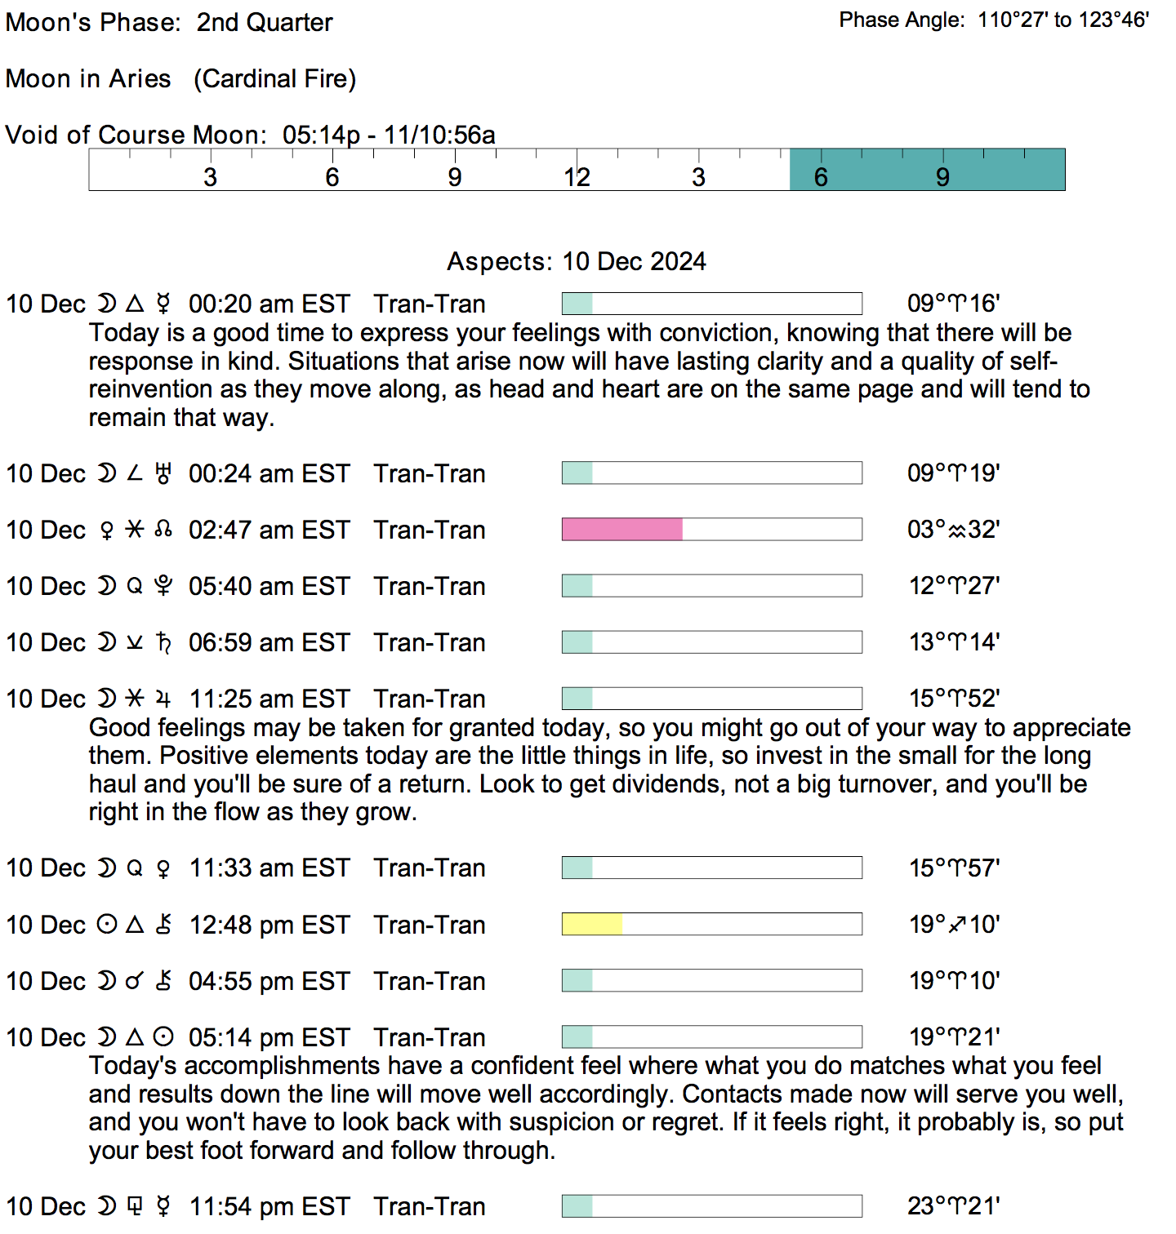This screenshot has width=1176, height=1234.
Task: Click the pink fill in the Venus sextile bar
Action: click(622, 530)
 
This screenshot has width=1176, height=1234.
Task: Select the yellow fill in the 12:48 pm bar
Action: click(592, 924)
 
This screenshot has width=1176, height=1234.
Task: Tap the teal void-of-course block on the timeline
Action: click(927, 170)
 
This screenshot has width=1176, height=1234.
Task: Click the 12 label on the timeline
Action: click(577, 177)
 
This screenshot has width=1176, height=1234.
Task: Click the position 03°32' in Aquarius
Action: click(953, 530)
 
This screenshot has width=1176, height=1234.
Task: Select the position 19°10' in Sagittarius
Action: click(954, 925)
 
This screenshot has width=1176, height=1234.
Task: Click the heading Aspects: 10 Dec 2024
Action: click(576, 261)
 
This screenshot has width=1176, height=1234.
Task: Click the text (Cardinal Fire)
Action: click(274, 79)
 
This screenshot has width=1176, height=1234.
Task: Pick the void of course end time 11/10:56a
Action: click(439, 135)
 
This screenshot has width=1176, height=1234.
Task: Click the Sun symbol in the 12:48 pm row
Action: click(107, 925)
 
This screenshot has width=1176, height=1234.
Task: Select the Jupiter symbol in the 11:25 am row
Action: click(163, 699)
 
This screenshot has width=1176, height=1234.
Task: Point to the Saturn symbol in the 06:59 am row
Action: click(163, 643)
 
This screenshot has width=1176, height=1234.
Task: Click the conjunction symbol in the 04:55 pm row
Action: click(135, 981)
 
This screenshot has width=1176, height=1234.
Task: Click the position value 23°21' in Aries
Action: click(953, 1206)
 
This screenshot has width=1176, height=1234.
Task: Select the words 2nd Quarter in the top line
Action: click(265, 23)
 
